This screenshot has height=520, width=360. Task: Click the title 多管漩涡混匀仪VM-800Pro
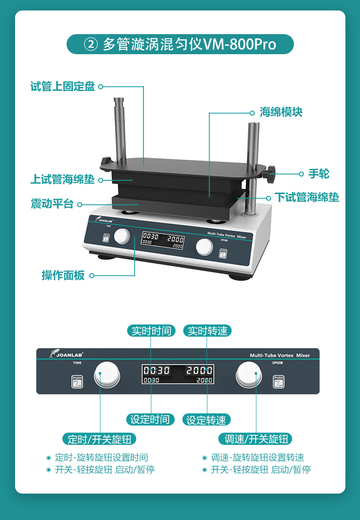click(189, 44)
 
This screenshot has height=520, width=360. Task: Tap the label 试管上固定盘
click(63, 87)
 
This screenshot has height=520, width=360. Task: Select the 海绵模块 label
click(281, 112)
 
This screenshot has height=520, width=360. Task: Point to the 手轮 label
click(319, 173)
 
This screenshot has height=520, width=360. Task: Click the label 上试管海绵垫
click(63, 179)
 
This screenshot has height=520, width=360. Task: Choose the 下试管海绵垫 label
click(307, 197)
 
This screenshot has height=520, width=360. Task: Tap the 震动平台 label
click(52, 204)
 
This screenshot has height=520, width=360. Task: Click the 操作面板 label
click(63, 275)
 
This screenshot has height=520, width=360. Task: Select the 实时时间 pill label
click(151, 331)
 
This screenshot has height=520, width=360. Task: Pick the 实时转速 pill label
click(207, 331)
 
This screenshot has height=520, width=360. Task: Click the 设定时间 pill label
click(150, 419)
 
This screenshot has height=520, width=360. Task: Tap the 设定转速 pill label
click(206, 420)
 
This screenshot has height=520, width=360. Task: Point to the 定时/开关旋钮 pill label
click(99, 439)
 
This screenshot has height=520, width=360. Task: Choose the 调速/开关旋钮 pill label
click(256, 439)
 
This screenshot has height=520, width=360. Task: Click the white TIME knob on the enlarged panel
click(107, 374)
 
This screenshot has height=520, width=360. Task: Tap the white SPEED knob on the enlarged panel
click(248, 375)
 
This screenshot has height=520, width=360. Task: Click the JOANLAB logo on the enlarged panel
click(66, 354)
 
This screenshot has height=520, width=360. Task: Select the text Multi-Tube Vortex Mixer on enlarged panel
click(280, 355)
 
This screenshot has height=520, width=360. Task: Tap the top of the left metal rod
click(118, 99)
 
